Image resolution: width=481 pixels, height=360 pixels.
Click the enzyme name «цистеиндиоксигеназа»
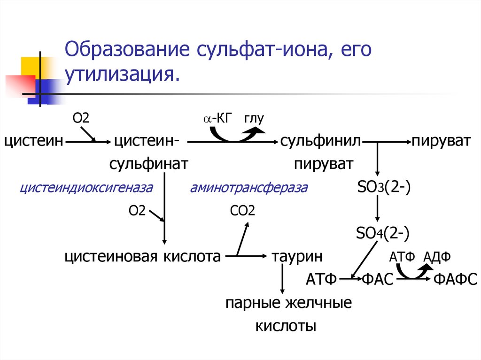[86, 188]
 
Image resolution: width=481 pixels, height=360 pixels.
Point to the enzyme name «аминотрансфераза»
[249, 188]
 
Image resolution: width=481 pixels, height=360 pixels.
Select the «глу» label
[254, 118]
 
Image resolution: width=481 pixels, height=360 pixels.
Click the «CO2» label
[242, 211]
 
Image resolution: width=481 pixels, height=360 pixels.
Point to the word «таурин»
[297, 256]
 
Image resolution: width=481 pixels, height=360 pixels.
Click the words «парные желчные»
[288, 303]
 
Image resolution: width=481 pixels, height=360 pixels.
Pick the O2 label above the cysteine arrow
[80, 117]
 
